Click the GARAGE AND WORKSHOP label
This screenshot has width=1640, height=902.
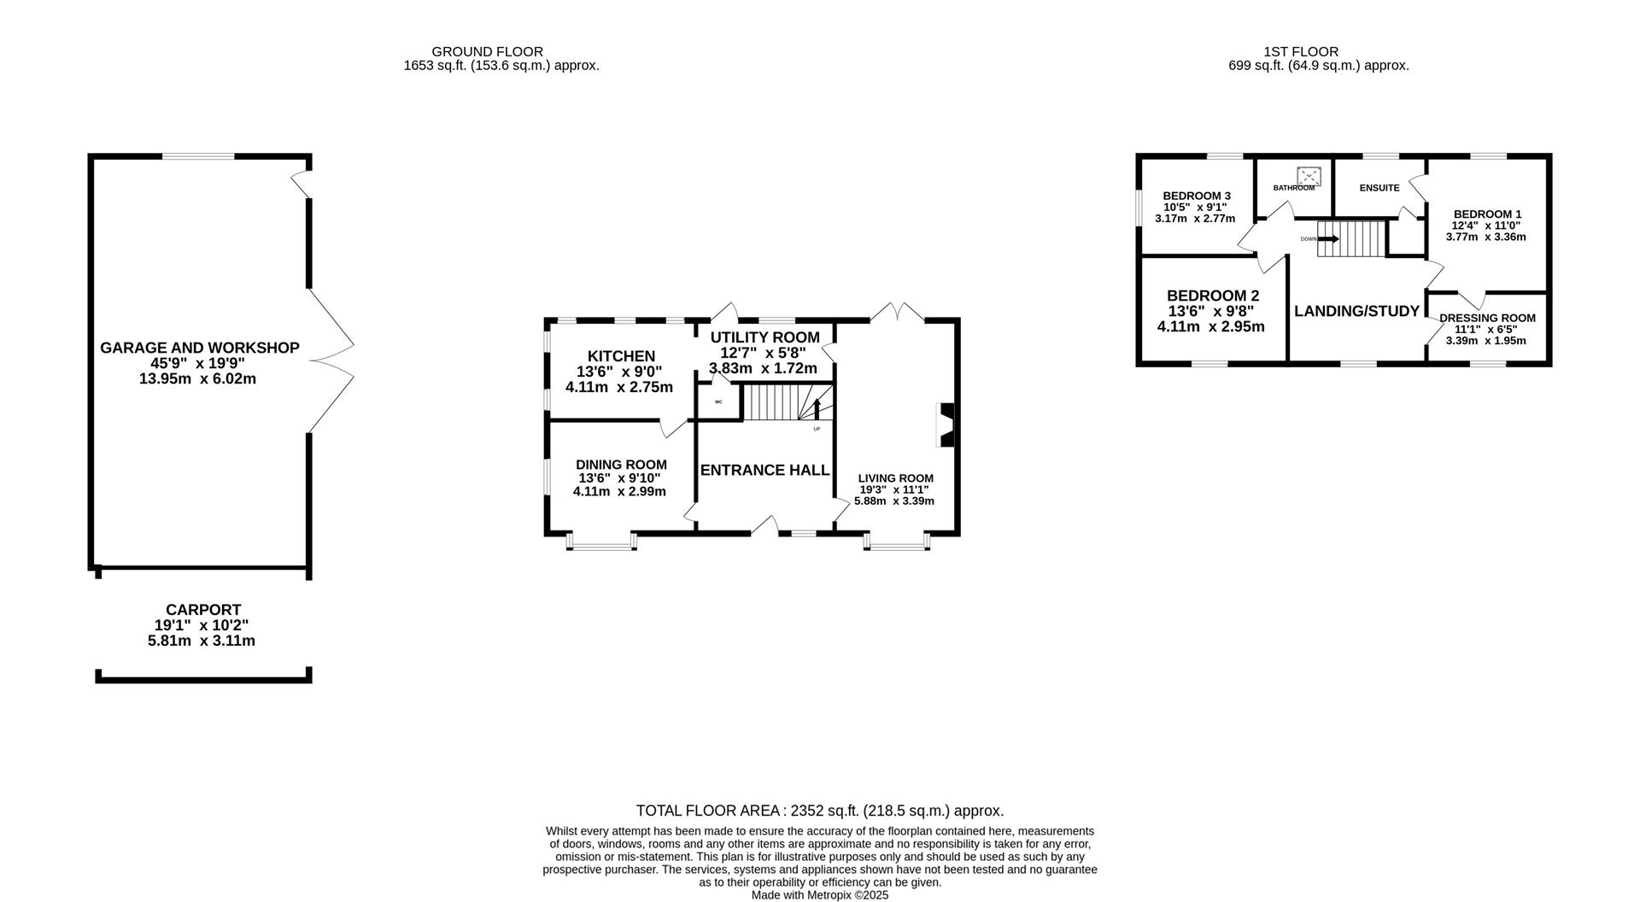pos(200,348)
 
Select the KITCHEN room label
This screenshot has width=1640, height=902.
pos(621,356)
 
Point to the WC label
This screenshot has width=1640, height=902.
pos(718,401)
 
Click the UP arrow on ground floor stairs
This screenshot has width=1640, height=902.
pos(817,408)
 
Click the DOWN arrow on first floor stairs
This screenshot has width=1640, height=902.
pos(1328,239)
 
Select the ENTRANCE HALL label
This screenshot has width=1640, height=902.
pos(764,470)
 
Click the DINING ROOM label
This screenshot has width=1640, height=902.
pos(621,465)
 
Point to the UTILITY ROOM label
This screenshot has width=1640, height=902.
pos(764,337)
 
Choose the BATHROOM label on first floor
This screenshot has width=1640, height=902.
pos(1294,188)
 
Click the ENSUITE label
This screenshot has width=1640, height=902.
pos(1379,188)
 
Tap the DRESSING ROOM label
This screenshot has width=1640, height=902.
pos(1487,318)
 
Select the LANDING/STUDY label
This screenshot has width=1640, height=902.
pos(1356,311)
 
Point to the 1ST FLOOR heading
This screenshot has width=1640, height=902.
pos(1301,52)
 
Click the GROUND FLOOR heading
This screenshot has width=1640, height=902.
pos(487,52)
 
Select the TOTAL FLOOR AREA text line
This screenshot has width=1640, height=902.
pos(820,811)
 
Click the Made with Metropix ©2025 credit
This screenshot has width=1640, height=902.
pos(820,895)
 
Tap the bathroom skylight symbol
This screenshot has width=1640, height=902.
pos(1309,176)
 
